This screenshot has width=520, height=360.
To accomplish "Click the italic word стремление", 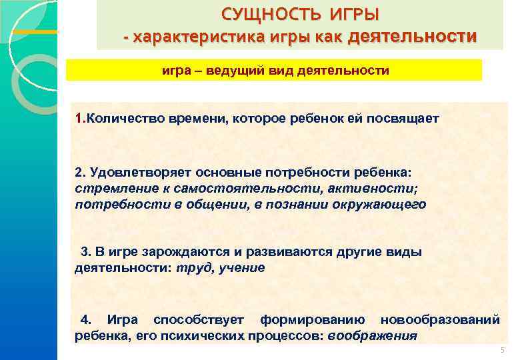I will pyautogui.click(x=110, y=189).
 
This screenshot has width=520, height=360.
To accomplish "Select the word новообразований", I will pyautogui.click(x=440, y=320).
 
